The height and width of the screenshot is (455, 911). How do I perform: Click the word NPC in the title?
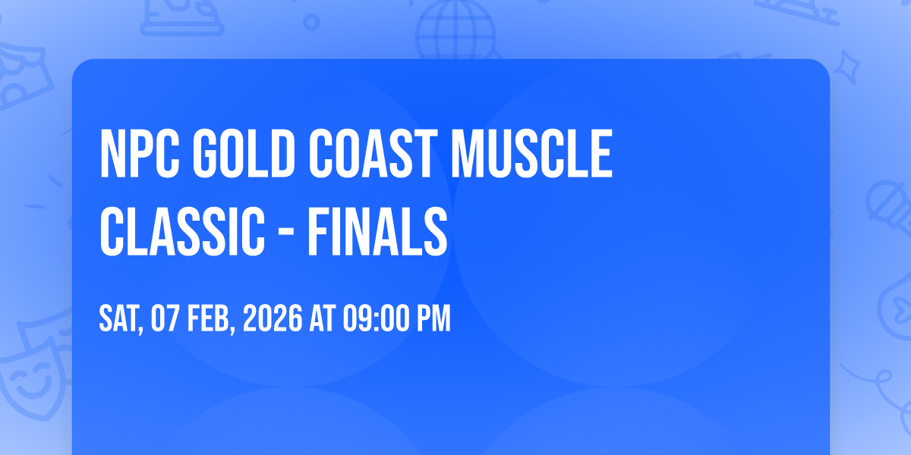140,153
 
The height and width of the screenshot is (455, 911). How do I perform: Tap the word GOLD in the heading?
243,153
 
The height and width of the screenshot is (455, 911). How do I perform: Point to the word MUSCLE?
531,153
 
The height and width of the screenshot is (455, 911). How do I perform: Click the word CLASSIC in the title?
182,231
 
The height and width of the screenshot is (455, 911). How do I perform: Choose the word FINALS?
377,231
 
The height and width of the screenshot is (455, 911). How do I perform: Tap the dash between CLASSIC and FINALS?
287,233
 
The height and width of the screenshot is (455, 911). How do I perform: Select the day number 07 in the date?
165,318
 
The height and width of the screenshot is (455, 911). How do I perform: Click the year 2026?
273,318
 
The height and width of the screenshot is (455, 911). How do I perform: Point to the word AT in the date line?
323,318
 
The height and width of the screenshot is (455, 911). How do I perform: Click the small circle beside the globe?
311,22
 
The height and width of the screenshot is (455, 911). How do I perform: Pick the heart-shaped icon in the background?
897,306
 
